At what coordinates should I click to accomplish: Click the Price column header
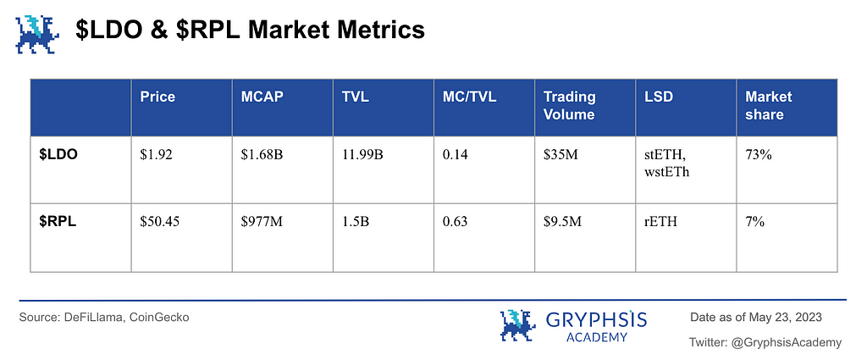click(x=157, y=97)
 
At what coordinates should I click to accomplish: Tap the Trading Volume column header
click(x=570, y=106)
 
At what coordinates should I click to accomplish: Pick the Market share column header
click(x=769, y=106)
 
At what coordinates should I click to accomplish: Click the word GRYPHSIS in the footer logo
click(x=597, y=319)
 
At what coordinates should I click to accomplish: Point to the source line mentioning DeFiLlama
click(x=104, y=317)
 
